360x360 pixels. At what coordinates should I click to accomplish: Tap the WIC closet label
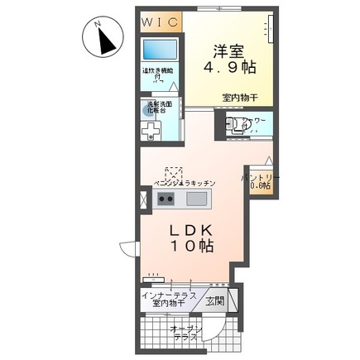(159, 21)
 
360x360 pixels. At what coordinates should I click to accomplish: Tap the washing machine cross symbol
(151, 132)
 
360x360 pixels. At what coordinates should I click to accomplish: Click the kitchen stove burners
(166, 199)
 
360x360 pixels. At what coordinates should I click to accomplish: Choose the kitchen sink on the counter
(197, 199)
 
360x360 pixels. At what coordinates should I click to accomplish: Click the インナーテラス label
(164, 295)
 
